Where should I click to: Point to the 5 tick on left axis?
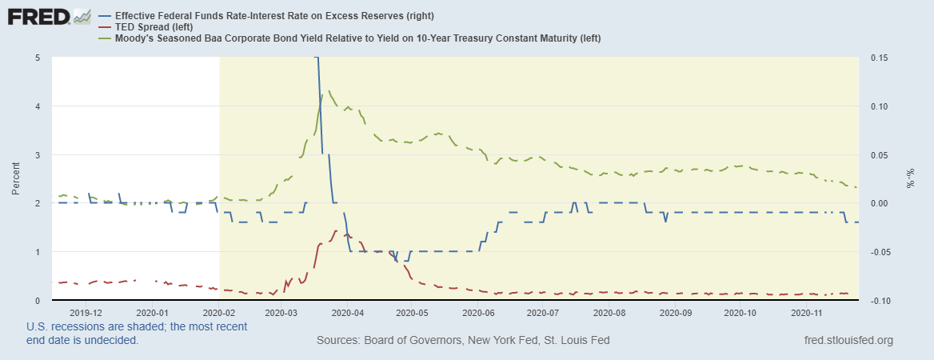click(x=38, y=58)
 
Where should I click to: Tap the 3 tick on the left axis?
click(x=38, y=155)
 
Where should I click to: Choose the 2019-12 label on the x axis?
click(x=86, y=313)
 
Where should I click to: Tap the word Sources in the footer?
click(x=340, y=341)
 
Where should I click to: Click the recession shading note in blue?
click(x=136, y=333)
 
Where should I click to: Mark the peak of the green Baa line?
click(x=330, y=90)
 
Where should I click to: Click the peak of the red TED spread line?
click(x=336, y=230)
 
